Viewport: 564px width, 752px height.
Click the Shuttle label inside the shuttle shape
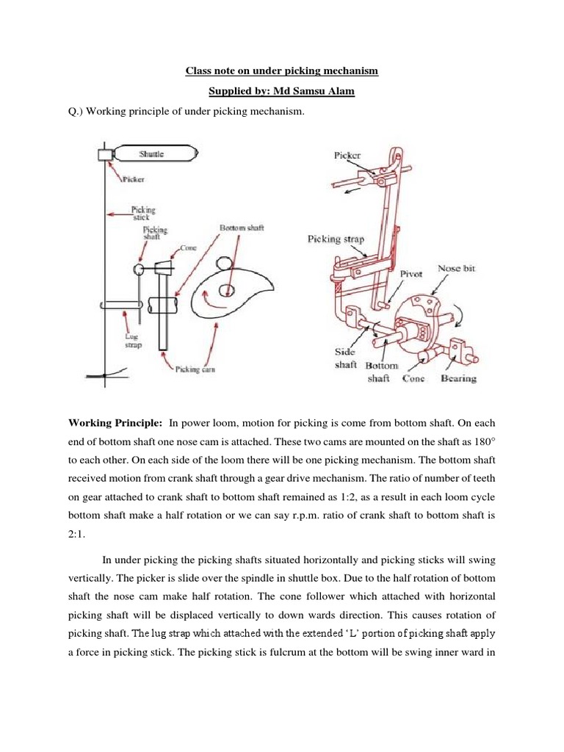point(152,154)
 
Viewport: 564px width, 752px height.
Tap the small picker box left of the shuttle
point(104,154)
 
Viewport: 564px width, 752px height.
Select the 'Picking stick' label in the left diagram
point(142,213)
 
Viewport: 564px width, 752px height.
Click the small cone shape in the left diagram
point(164,262)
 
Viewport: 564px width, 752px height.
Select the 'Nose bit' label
point(456,270)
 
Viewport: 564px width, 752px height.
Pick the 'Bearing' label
point(458,378)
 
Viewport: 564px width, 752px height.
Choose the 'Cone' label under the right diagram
point(416,378)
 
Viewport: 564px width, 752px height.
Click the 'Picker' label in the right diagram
point(347,156)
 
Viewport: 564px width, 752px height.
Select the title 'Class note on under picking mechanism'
point(282,71)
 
